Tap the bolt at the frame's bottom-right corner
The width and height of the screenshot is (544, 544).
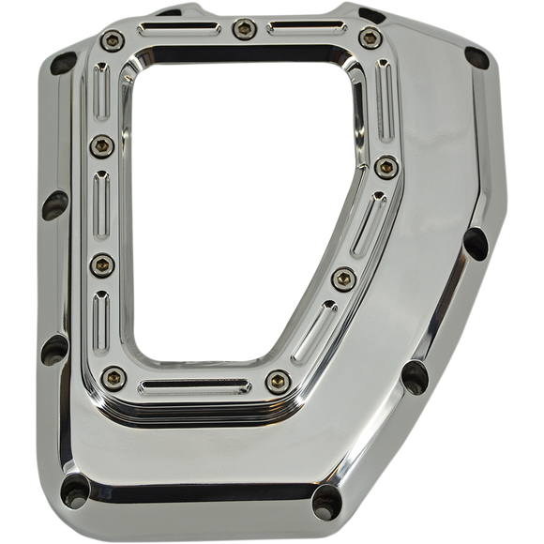[x=275, y=379]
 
